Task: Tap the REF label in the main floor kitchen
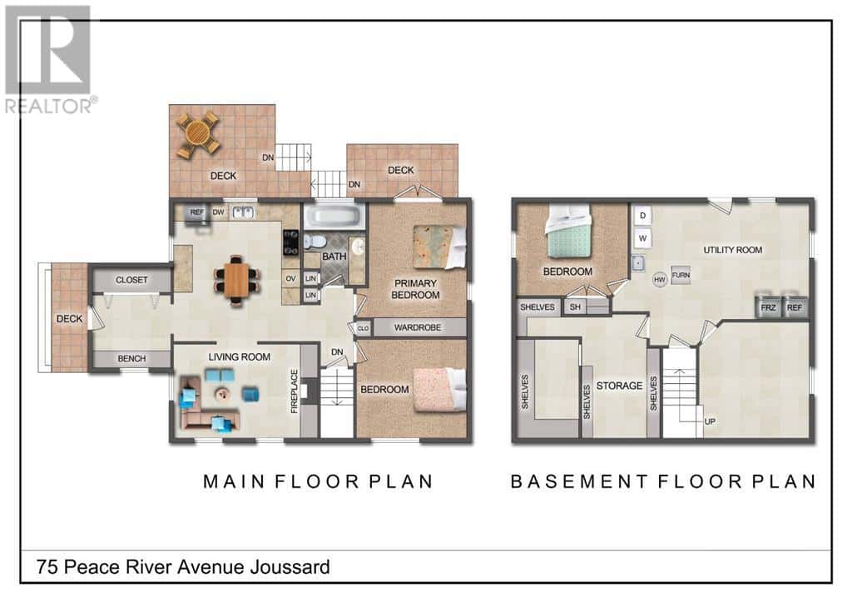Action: pos(197,212)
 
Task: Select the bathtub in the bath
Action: pos(334,218)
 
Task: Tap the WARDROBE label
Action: pos(417,327)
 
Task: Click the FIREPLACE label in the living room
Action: pos(294,391)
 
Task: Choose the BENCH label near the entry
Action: pos(131,359)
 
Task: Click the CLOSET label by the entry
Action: pos(131,280)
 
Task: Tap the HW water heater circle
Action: pos(660,279)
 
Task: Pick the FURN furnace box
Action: pos(681,275)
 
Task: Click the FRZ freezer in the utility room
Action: pos(768,306)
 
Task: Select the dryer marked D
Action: pos(641,215)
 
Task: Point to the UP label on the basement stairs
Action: pos(710,421)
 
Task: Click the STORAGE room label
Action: pos(620,385)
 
